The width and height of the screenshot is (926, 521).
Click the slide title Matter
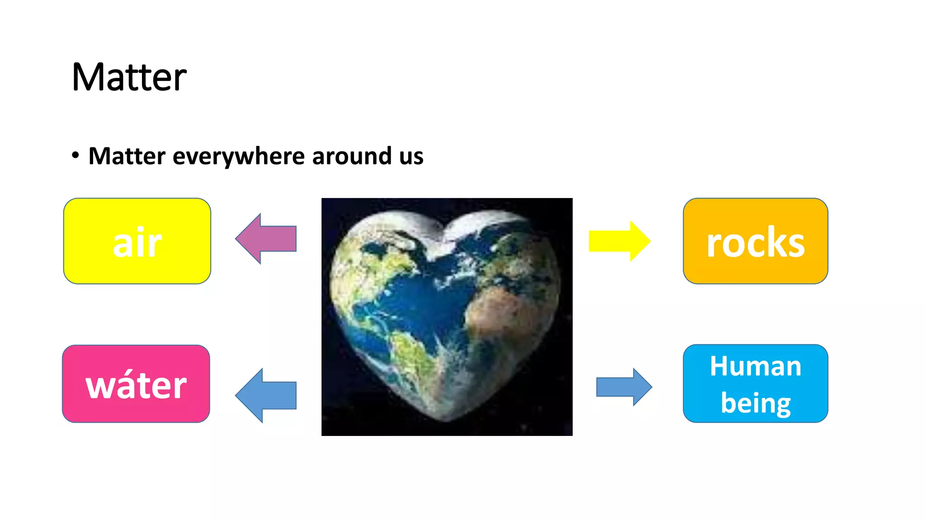pyautogui.click(x=129, y=77)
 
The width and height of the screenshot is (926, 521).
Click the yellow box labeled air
pyautogui.click(x=137, y=241)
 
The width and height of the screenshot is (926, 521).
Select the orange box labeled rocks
pyautogui.click(x=755, y=241)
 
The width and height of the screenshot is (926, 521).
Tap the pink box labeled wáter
pyautogui.click(x=136, y=384)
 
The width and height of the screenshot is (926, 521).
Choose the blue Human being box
pyautogui.click(x=755, y=384)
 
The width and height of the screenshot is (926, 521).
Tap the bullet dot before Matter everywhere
pyautogui.click(x=76, y=156)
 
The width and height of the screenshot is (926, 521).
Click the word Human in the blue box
pyautogui.click(x=755, y=366)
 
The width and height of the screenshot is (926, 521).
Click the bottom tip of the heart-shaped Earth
pyautogui.click(x=445, y=420)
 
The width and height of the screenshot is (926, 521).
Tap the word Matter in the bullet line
pyautogui.click(x=127, y=156)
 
